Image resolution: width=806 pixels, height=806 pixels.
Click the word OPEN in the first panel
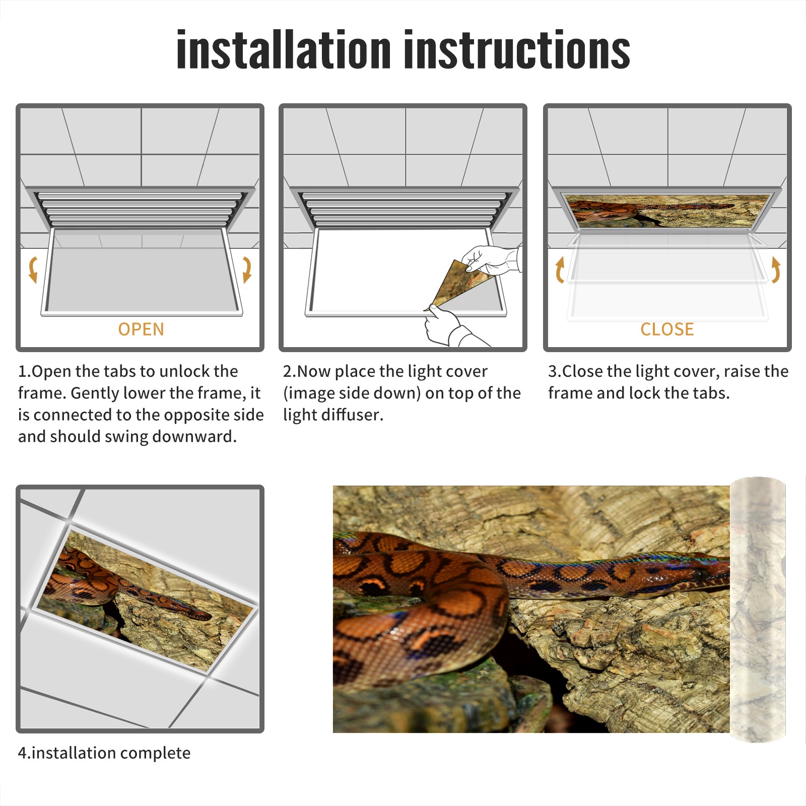click(x=141, y=329)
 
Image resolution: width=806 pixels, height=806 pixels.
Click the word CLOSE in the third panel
click(x=667, y=329)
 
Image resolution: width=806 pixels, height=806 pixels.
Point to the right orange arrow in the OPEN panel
click(x=247, y=270)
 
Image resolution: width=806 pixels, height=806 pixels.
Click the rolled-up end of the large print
click(x=758, y=610)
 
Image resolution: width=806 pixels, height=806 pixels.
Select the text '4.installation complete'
click(x=104, y=753)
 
